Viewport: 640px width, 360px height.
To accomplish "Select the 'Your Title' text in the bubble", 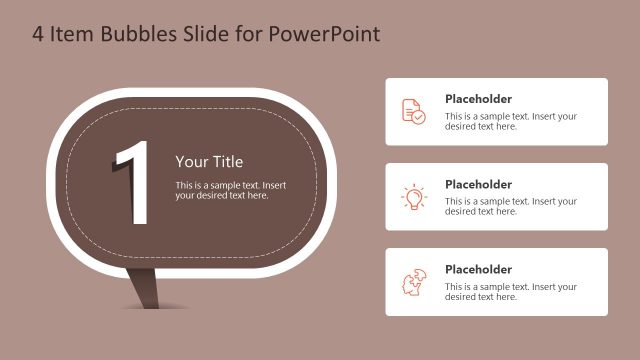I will click(x=209, y=162).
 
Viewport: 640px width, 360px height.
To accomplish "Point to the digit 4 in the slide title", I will click(x=38, y=35).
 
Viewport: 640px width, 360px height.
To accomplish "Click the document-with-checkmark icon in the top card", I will click(x=413, y=111).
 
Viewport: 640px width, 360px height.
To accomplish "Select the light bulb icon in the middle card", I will click(x=413, y=197).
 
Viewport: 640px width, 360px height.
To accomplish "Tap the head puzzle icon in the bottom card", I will click(x=413, y=282).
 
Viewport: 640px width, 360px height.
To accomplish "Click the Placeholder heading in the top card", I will click(x=478, y=99).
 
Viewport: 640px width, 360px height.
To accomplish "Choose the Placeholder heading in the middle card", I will click(x=478, y=184).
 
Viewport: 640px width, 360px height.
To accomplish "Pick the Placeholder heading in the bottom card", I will click(x=478, y=269).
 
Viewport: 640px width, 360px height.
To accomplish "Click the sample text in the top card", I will click(x=510, y=121).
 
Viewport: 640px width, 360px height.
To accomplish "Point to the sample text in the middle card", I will click(x=510, y=206).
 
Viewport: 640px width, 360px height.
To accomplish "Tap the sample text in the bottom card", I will click(x=510, y=291).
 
